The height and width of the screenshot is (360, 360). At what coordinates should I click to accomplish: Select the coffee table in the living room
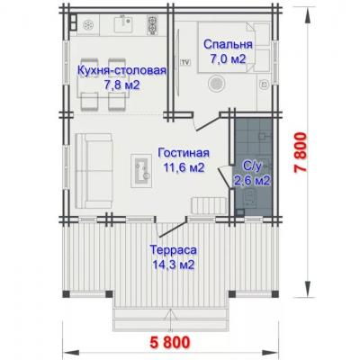pyautogui.click(x=141, y=166)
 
